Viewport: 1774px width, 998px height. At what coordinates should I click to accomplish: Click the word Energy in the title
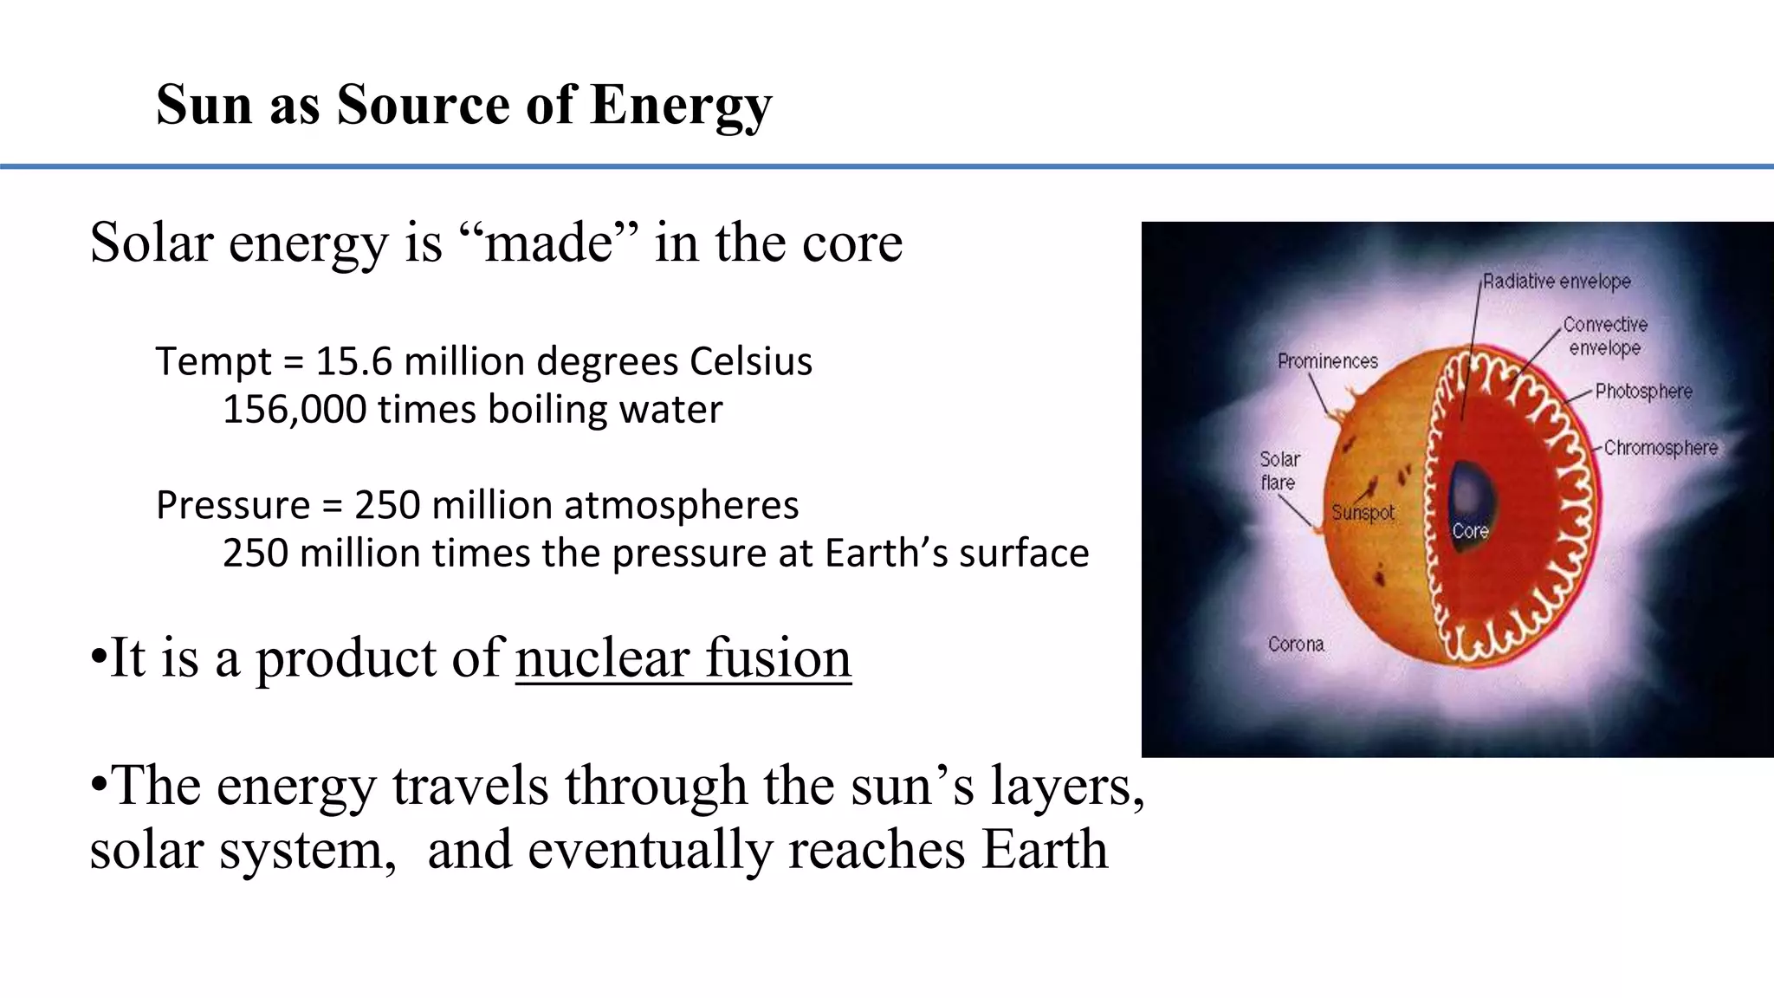[681, 106]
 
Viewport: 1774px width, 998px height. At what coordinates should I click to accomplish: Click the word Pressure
[233, 505]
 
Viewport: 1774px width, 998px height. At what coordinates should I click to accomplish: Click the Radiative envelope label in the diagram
[1557, 282]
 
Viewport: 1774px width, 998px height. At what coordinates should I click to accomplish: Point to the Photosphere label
[1643, 392]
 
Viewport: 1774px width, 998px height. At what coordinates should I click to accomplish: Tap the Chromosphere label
[1661, 448]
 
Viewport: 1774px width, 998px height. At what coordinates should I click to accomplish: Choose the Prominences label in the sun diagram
[1327, 361]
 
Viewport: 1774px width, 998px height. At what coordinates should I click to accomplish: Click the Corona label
[1296, 645]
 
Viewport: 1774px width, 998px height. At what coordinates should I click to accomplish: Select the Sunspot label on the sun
[1363, 513]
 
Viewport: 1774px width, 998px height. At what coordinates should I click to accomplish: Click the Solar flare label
[1279, 470]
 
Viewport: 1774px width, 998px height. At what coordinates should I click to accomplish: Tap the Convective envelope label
[1605, 336]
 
